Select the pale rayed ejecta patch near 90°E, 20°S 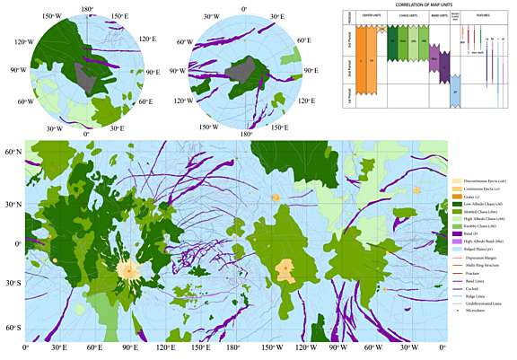(x=129, y=268)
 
